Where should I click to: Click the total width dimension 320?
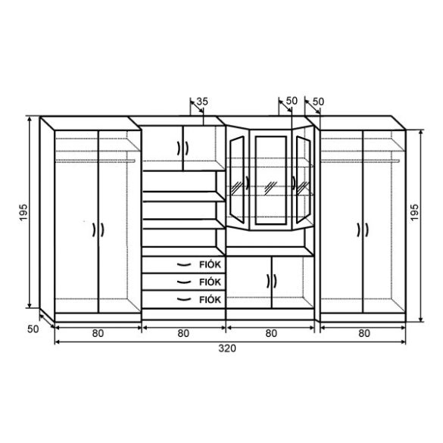pos(227,348)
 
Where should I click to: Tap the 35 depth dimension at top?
pos(202,101)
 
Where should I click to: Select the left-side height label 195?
pos(23,213)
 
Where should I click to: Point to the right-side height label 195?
pos(414,213)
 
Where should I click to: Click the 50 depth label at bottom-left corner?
pos(33,329)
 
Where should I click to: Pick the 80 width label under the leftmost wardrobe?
pos(98,333)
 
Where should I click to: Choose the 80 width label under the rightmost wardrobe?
pos(364,333)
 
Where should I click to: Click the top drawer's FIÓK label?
pos(210,265)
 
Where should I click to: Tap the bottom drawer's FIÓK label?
pos(210,299)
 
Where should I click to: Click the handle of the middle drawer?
pos(184,282)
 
